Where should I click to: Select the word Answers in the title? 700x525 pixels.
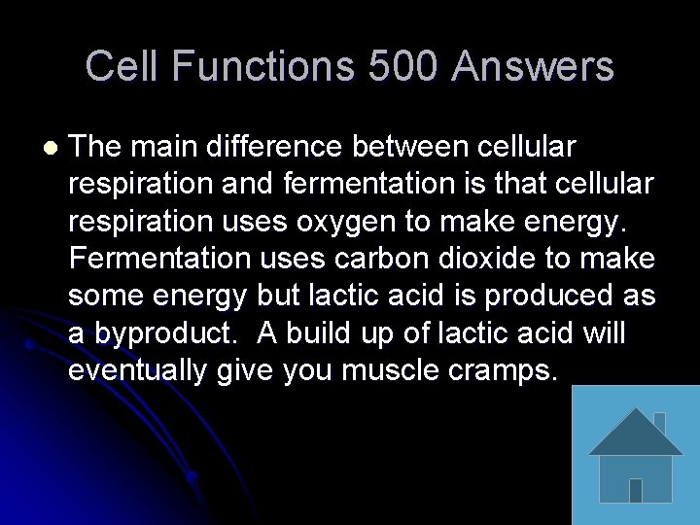tap(533, 67)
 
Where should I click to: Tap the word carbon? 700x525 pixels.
tap(388, 259)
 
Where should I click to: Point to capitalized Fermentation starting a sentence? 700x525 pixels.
tap(159, 259)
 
